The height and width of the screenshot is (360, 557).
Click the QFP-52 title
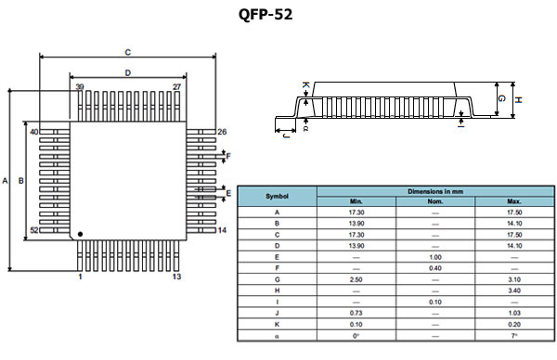click(x=266, y=16)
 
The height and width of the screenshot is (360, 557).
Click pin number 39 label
click(x=79, y=86)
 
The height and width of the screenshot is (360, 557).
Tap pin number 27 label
click(x=176, y=86)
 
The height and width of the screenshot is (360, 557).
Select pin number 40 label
click(x=33, y=133)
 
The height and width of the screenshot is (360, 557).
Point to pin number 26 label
click(x=222, y=132)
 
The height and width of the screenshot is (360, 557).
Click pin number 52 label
click(x=34, y=230)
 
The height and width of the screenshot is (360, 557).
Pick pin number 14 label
click(x=222, y=230)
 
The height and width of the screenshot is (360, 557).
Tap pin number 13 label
click(x=176, y=276)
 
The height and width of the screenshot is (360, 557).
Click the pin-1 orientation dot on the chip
click(x=80, y=234)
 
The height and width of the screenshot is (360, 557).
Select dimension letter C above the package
click(x=127, y=52)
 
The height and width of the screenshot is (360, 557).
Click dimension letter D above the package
click(x=127, y=72)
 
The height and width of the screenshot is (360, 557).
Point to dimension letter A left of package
click(x=6, y=181)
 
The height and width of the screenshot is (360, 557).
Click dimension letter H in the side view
click(x=519, y=100)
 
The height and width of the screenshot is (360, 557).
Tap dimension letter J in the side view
click(x=285, y=135)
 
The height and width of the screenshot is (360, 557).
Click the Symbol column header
click(x=278, y=196)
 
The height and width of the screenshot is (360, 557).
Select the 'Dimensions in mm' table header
click(x=435, y=190)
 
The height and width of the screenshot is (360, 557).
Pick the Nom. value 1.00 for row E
click(x=434, y=256)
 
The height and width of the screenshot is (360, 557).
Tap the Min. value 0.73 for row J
click(x=356, y=314)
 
